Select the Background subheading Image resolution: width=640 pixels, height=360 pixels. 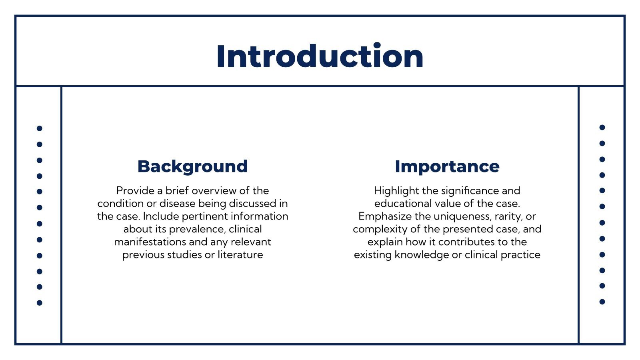pos(192,166)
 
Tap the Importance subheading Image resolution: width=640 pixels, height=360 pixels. pos(447,166)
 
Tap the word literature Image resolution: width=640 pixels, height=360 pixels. pos(240,255)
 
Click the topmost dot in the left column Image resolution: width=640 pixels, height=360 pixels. pos(40,128)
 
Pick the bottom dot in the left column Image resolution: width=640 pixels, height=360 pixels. pos(40,303)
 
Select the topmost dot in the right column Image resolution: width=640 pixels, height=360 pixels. pos(602,128)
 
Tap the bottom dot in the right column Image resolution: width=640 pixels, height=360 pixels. pos(602,302)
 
